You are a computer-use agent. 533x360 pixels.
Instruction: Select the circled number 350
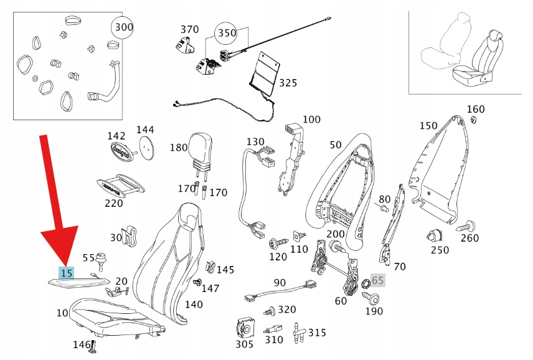coord(227,32)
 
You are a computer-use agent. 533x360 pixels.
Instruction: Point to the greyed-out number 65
coord(379,280)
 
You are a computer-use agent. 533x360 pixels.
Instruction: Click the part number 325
coord(288,83)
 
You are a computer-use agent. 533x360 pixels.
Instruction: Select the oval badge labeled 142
coord(123,151)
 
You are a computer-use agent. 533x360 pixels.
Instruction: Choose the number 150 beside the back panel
coord(428,126)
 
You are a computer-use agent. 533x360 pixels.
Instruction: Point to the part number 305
coord(245,344)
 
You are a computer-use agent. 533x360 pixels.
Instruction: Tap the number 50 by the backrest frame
coord(336,144)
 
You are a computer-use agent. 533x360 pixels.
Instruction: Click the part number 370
coord(189,29)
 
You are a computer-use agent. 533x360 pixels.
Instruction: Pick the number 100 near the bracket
coord(311,120)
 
